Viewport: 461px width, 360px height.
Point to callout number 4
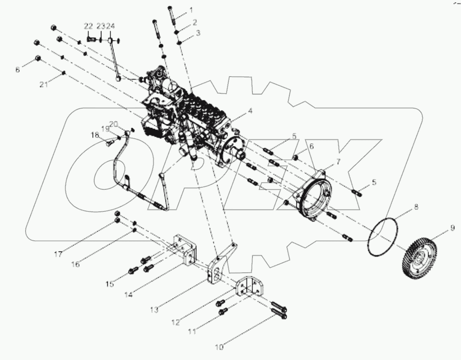coord(250,112)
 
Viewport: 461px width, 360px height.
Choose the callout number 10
coord(220,347)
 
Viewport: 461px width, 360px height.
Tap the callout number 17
coord(58,254)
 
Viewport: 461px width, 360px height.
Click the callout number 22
coord(88,26)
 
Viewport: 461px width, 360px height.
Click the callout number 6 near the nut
coord(311,146)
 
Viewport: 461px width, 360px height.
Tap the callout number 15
coord(110,284)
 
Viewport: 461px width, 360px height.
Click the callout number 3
coord(198,34)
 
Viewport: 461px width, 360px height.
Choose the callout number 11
coord(193,331)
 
